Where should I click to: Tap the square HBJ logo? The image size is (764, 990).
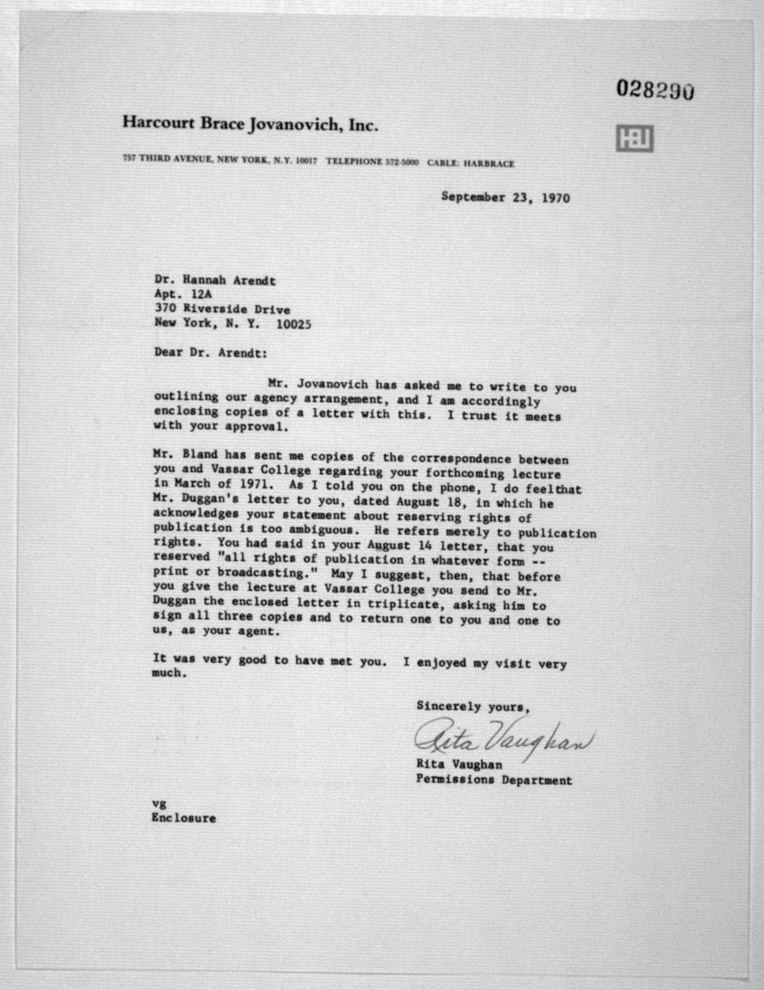(x=634, y=139)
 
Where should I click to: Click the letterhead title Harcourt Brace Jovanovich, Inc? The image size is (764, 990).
(x=250, y=124)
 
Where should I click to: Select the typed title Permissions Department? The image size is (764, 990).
(x=494, y=780)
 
